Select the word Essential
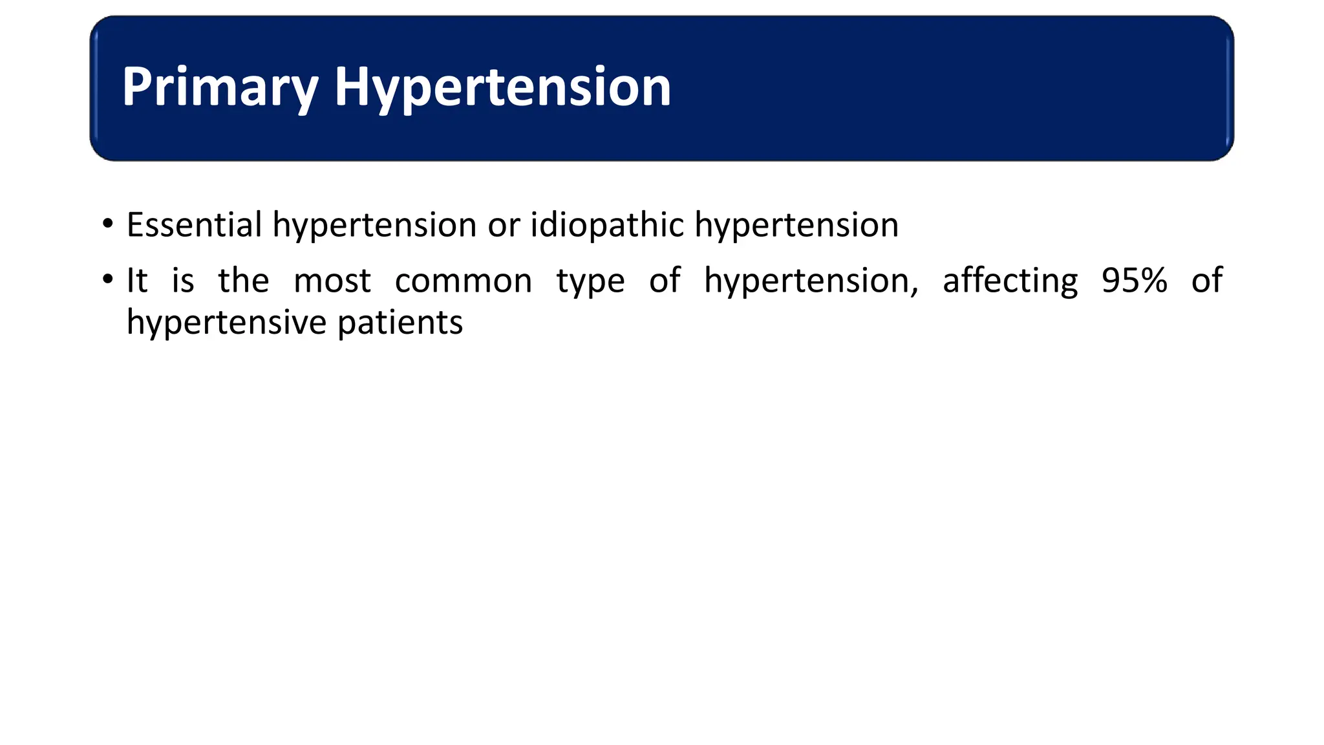tap(194, 225)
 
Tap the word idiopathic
tap(607, 225)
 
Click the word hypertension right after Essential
tap(374, 226)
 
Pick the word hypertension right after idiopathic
tap(796, 226)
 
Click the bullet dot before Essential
tap(108, 224)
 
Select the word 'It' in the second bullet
tap(137, 281)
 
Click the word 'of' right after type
tap(665, 281)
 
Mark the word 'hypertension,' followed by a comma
tap(811, 282)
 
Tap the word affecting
tap(1010, 282)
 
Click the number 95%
tap(1135, 281)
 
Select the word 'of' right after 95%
tap(1207, 281)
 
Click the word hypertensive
tap(226, 323)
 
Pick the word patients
tap(400, 323)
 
